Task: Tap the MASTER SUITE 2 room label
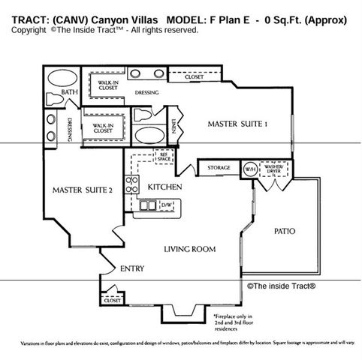(83, 190)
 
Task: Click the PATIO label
(285, 232)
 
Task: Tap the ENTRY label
(132, 268)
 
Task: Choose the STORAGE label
(219, 167)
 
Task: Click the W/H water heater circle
(249, 168)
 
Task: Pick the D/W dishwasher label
(166, 204)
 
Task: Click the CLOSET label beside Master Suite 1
(194, 76)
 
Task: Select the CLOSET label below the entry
(111, 300)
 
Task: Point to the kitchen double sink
(147, 205)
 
